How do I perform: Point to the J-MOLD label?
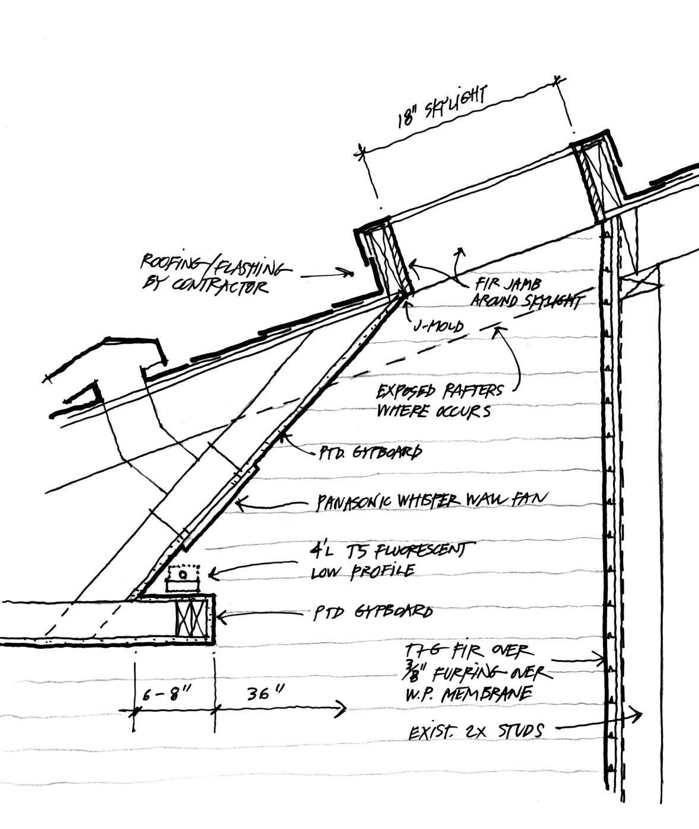coord(438,327)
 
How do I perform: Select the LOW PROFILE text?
coord(363,572)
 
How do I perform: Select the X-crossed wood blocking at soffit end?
coord(193,620)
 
